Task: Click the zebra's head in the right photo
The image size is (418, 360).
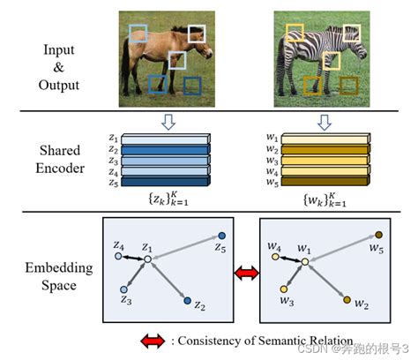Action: [295, 33]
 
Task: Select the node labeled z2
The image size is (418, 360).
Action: [187, 301]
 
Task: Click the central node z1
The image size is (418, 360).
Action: [148, 259]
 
